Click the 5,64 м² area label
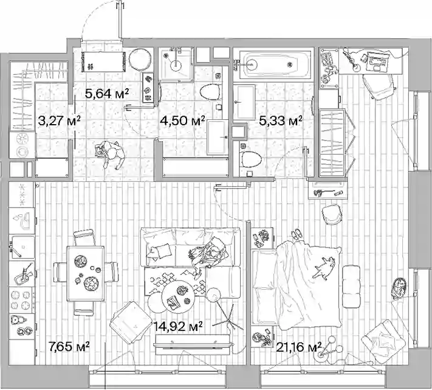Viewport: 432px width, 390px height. [107, 94]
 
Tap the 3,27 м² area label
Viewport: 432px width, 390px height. [59, 120]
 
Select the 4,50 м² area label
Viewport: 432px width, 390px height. [183, 120]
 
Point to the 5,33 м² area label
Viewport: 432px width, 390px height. [281, 120]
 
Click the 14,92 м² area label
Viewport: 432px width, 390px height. [178, 327]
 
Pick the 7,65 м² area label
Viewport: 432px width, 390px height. [69, 346]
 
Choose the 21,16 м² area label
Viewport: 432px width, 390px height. [299, 347]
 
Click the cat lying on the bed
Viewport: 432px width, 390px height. [324, 267]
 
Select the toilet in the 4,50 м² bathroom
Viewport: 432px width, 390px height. [210, 92]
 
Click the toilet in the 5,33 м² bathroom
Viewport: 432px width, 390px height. [251, 159]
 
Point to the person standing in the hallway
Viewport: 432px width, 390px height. [109, 154]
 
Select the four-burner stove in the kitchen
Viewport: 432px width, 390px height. [21, 300]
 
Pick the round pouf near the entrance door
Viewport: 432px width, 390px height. [140, 60]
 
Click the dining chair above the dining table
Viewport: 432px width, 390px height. [84, 237]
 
